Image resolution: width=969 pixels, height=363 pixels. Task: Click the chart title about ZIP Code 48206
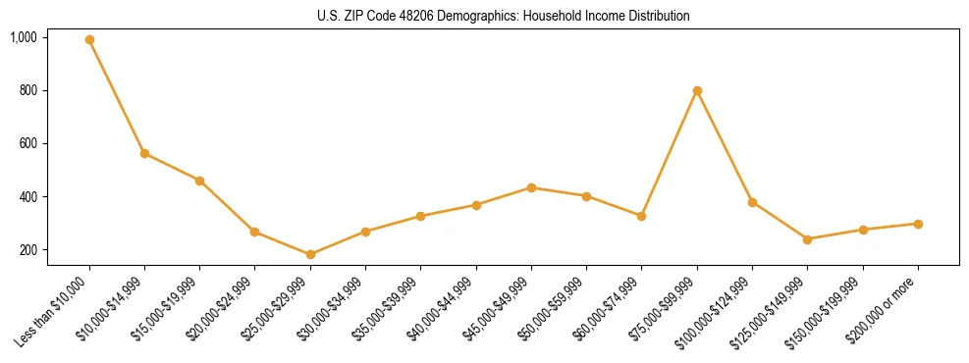(x=504, y=16)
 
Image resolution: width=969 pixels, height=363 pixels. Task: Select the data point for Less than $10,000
(x=89, y=40)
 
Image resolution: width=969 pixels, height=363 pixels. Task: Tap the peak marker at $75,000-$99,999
(x=697, y=90)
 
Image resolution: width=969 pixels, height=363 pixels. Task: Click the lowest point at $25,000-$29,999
(x=310, y=254)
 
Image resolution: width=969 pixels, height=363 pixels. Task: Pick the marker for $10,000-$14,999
(x=144, y=153)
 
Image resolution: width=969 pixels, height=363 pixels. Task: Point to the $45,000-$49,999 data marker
(x=531, y=187)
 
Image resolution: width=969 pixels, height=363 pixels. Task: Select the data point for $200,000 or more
(x=918, y=224)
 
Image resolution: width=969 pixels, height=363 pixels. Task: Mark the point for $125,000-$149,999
(x=807, y=239)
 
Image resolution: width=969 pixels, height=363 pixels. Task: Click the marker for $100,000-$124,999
(x=752, y=202)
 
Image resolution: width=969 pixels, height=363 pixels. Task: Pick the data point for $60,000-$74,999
(x=641, y=216)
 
